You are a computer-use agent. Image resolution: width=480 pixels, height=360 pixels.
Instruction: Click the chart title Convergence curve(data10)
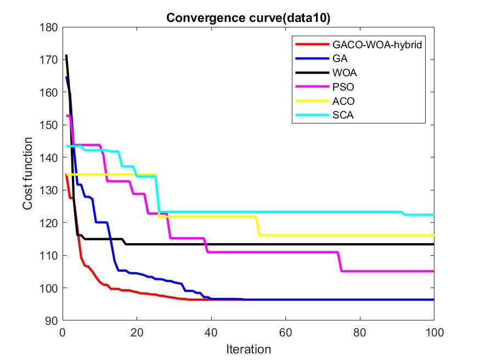click(x=248, y=18)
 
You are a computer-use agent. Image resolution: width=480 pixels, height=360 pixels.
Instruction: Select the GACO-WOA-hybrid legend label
click(x=377, y=45)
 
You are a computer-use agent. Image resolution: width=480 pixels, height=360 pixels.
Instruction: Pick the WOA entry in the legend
click(x=343, y=73)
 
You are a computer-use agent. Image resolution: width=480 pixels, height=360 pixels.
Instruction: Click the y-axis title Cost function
click(x=28, y=173)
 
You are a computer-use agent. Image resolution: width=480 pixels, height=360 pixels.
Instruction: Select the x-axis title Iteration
click(x=249, y=349)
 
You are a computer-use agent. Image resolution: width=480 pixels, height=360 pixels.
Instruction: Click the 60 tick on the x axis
click(x=285, y=332)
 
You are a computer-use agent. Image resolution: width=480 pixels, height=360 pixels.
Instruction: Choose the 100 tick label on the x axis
click(x=433, y=332)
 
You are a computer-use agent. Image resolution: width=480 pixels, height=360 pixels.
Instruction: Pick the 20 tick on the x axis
click(x=137, y=332)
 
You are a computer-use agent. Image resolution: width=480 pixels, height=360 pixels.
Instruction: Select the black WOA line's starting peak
click(x=66, y=55)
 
